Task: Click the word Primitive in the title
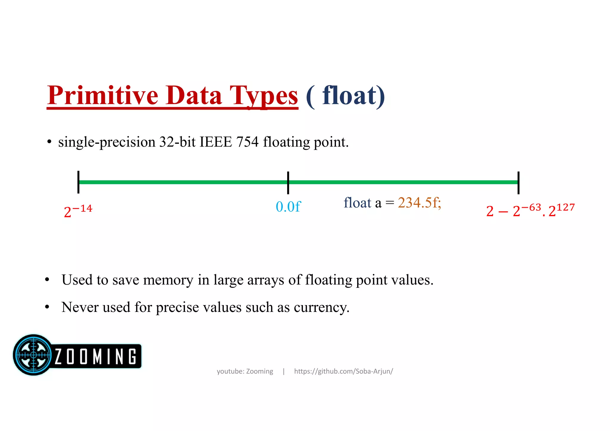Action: tap(102, 96)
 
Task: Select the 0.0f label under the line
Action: tap(288, 207)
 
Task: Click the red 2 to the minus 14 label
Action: tap(78, 211)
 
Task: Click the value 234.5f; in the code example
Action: tap(419, 203)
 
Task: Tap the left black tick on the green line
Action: tap(78, 182)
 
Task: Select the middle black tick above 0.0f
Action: tap(288, 182)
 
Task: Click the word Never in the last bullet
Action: tap(80, 307)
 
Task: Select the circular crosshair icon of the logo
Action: tap(33, 355)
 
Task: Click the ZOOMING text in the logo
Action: tap(96, 356)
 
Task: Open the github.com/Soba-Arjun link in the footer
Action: tap(343, 371)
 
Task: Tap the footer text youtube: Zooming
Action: tap(245, 371)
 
